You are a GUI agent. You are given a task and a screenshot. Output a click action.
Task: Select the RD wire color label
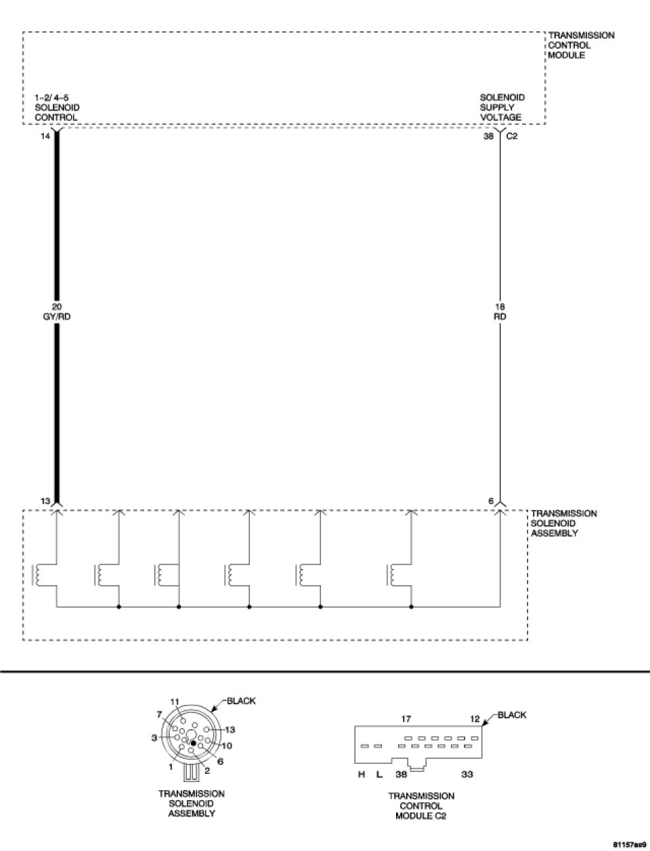[500, 316]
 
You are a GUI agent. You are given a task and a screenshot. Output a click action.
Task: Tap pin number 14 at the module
[45, 135]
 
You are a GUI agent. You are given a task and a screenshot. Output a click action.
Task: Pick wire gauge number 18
[500, 306]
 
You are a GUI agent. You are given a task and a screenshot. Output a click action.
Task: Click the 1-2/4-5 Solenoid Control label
[56, 108]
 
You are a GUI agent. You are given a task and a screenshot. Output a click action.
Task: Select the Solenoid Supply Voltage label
[502, 107]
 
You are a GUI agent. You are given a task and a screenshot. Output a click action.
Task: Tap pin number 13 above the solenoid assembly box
[45, 501]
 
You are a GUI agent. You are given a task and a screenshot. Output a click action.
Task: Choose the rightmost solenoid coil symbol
[391, 574]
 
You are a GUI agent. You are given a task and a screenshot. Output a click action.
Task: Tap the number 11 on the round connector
[175, 701]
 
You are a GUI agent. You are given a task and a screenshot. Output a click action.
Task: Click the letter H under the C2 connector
[362, 774]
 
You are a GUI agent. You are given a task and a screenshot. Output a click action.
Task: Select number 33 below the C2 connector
[467, 774]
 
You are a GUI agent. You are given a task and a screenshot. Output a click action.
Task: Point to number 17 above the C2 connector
[407, 719]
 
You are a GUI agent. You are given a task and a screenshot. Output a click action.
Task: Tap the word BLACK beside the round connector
[242, 701]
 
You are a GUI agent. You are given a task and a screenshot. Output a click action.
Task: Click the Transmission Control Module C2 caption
[421, 806]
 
